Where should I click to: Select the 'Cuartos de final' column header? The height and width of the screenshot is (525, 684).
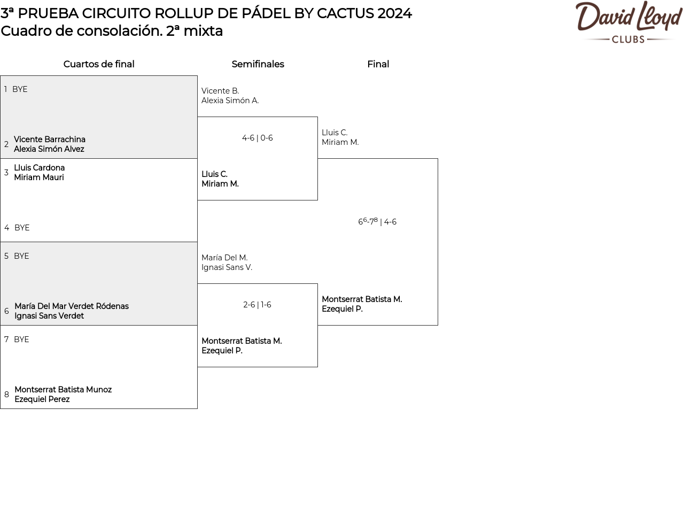click(99, 64)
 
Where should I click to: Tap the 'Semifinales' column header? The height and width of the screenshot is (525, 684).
click(258, 64)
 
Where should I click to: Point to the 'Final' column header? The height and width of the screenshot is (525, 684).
click(378, 64)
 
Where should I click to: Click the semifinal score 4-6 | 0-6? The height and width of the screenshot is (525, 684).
click(258, 138)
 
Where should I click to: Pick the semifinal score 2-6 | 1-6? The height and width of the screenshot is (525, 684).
click(257, 305)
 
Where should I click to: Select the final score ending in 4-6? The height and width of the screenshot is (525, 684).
click(377, 222)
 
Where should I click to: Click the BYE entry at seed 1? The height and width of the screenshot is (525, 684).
click(20, 89)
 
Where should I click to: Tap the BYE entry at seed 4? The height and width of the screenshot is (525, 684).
click(22, 228)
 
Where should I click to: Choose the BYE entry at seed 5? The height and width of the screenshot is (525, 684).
click(21, 256)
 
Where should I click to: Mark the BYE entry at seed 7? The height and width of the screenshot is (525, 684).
click(21, 339)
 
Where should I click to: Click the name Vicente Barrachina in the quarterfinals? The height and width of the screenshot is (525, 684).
click(50, 140)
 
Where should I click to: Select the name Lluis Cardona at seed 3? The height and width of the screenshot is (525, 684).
click(39, 168)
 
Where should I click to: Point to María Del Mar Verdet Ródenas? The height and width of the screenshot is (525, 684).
click(72, 306)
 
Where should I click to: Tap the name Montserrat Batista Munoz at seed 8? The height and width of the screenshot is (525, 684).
click(63, 390)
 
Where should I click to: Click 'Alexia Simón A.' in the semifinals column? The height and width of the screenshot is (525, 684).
click(230, 101)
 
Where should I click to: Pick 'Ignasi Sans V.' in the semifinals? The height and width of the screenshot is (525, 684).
click(227, 267)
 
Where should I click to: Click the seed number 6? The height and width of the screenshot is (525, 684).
click(6, 311)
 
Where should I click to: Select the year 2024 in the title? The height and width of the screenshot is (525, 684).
click(394, 13)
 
